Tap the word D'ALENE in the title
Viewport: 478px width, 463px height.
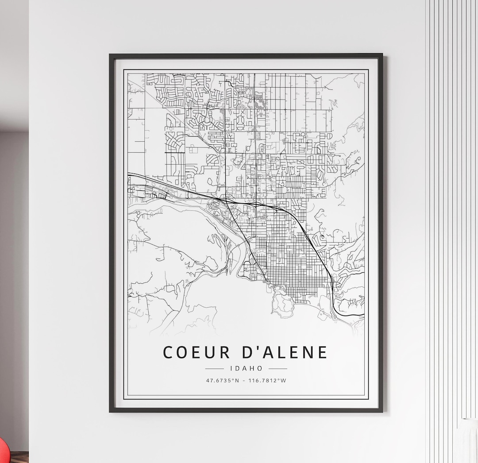coord(285,352)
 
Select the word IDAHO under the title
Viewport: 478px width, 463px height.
coord(247,368)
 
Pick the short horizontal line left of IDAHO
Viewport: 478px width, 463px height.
coord(215,368)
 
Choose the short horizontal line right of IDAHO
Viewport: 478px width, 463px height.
coord(278,368)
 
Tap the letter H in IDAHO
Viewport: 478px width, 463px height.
coord(253,368)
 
